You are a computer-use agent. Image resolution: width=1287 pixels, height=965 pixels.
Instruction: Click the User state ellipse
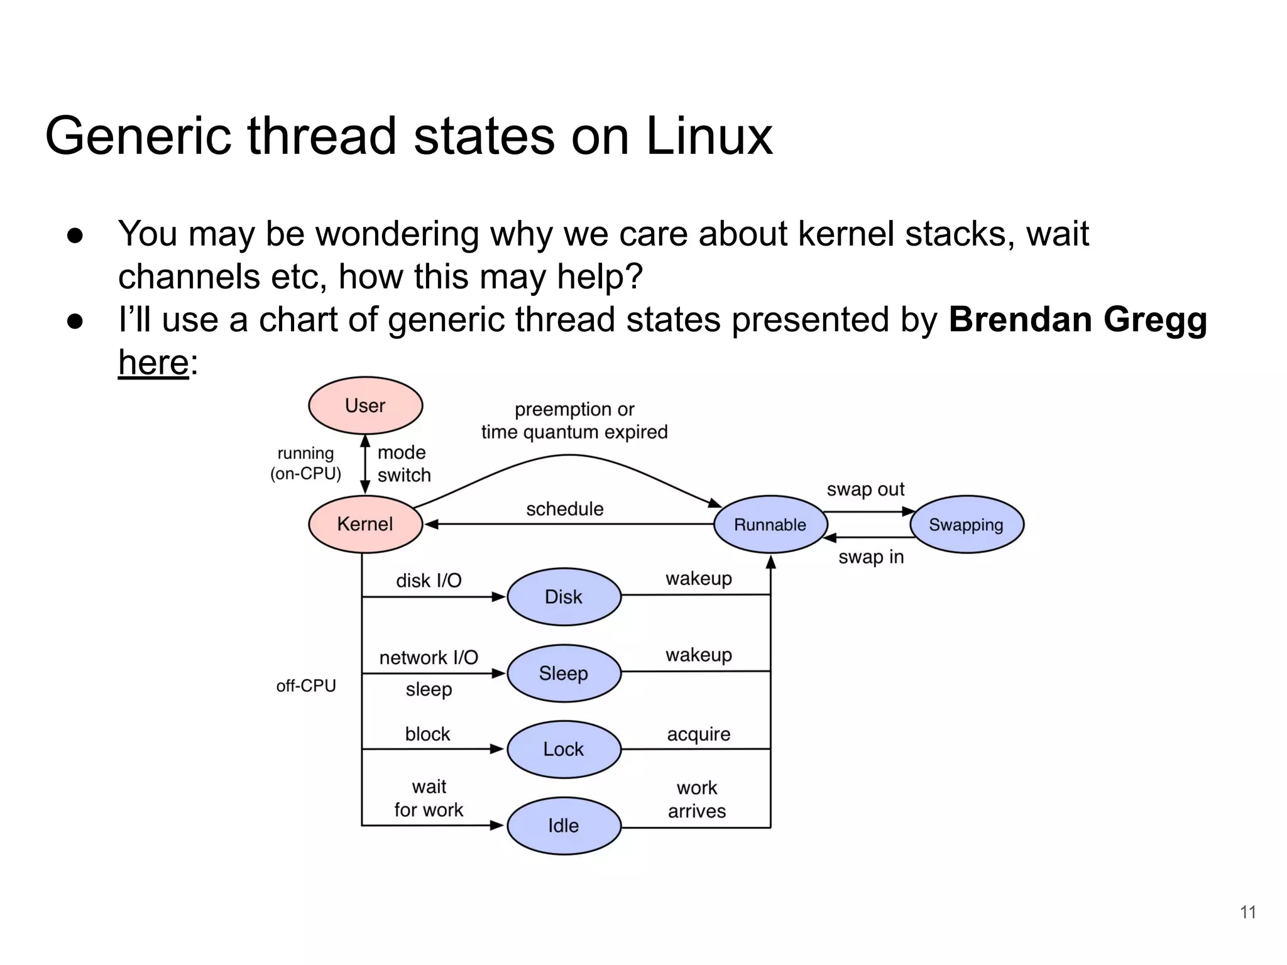click(x=365, y=405)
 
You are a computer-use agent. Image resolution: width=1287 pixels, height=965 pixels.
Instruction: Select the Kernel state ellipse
click(x=365, y=524)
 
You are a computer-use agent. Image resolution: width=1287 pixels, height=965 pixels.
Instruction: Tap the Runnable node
click(x=770, y=525)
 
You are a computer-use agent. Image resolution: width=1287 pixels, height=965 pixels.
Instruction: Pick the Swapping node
click(x=967, y=525)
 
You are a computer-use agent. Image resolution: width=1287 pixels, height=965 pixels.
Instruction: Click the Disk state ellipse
click(x=564, y=597)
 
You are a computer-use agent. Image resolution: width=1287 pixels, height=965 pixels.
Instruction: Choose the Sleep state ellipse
click(x=564, y=673)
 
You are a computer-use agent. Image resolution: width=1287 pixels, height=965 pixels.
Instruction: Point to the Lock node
click(x=564, y=749)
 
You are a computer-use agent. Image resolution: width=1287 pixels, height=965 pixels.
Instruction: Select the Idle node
click(x=564, y=826)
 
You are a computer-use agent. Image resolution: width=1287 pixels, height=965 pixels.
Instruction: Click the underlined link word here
click(x=154, y=363)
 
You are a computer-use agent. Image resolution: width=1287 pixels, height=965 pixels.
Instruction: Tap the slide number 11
click(x=1248, y=912)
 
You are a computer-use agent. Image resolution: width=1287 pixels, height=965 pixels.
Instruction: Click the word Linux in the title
click(x=709, y=136)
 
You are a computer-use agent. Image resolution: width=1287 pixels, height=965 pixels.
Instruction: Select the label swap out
click(x=865, y=489)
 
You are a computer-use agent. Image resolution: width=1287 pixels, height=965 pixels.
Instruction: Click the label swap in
click(x=871, y=557)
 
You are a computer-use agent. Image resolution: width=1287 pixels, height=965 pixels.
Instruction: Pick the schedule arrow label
click(x=564, y=509)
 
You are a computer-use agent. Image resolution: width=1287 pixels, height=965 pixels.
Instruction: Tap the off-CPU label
click(x=306, y=685)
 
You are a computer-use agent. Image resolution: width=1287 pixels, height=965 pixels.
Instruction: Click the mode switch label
click(x=403, y=464)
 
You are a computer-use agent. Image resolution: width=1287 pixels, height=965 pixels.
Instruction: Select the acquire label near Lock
click(x=698, y=734)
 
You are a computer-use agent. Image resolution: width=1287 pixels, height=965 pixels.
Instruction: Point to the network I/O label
click(x=429, y=658)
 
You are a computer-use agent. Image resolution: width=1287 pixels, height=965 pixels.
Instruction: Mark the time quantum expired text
click(x=574, y=432)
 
